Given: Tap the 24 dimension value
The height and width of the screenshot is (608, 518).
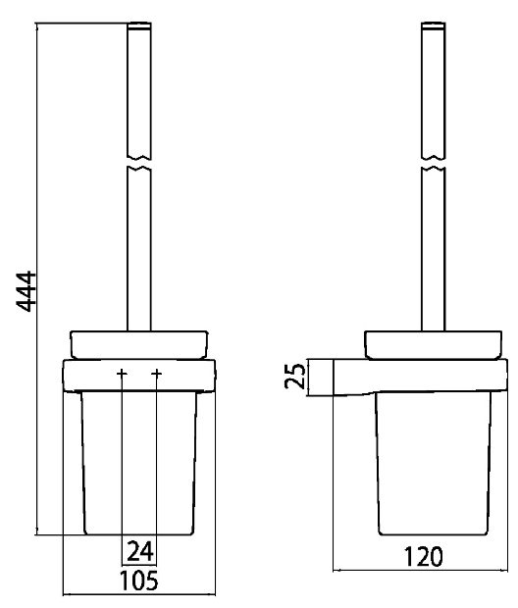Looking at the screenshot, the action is point(140,551).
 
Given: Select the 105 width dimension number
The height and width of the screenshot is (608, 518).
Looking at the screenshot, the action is point(139,581).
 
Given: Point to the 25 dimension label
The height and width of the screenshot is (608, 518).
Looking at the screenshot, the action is point(295,376).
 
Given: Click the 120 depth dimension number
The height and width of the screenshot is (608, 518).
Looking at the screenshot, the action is point(423,557).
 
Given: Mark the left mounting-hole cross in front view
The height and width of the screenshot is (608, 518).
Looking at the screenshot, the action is point(122,374).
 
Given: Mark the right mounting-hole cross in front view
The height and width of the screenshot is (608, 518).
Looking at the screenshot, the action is point(156,374).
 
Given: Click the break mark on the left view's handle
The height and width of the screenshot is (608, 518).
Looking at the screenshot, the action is point(139,163).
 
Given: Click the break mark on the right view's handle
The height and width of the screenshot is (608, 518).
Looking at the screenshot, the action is point(434,163).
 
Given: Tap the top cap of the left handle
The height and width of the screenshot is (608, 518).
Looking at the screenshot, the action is point(139,25).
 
